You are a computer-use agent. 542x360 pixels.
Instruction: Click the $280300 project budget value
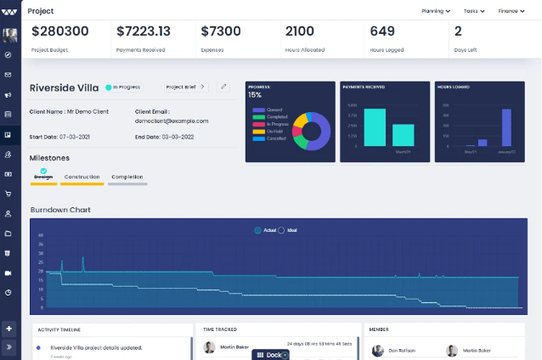[59, 31]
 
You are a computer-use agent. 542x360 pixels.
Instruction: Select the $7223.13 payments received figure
[143, 31]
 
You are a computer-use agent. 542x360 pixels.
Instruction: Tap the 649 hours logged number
[381, 31]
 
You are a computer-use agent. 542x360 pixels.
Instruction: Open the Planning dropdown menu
[441, 11]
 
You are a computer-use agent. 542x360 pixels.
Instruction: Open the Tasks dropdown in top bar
[474, 11]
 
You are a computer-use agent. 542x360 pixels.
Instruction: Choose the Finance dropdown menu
[513, 11]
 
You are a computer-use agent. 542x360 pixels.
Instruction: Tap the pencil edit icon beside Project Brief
[223, 87]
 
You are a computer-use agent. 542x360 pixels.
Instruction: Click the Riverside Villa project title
[65, 87]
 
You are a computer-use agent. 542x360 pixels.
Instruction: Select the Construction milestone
[82, 177]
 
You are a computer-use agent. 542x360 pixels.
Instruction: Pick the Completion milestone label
[127, 177]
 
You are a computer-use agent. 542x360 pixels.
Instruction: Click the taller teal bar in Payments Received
[375, 128]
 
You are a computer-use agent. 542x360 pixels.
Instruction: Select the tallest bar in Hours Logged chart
[506, 127]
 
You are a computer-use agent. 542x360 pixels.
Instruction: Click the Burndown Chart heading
[59, 210]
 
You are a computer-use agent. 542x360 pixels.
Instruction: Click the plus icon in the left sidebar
[8, 329]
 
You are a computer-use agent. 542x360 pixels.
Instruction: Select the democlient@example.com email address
[171, 121]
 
